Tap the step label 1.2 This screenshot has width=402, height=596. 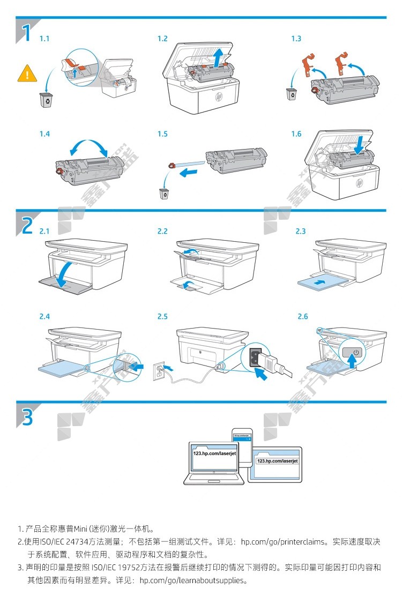pyautogui.click(x=162, y=39)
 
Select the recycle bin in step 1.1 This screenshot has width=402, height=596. pyautogui.click(x=46, y=100)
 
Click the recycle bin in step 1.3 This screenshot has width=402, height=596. pyautogui.click(x=292, y=94)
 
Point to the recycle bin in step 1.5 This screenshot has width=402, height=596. pyautogui.click(x=165, y=193)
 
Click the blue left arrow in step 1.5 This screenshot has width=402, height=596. pyautogui.click(x=190, y=172)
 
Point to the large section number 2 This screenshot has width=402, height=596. pyautogui.click(x=25, y=225)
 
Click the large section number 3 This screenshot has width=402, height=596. pyautogui.click(x=25, y=416)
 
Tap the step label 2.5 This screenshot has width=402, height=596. pyautogui.click(x=162, y=317)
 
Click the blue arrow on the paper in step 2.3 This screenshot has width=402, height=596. pyautogui.click(x=320, y=281)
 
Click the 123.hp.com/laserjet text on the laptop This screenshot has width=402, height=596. pyautogui.click(x=213, y=453)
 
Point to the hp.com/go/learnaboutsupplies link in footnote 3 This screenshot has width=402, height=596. pyautogui.click(x=192, y=580)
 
